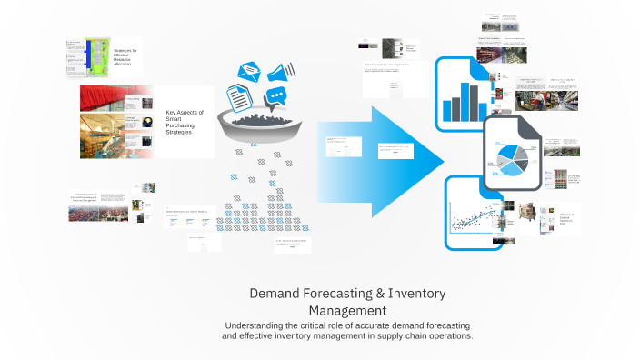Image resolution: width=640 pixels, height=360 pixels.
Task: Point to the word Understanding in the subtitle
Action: click(264, 325)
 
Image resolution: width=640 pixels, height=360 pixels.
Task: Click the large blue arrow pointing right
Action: click(400, 162)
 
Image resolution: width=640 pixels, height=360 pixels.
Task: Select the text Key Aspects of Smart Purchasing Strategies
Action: click(185, 122)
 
